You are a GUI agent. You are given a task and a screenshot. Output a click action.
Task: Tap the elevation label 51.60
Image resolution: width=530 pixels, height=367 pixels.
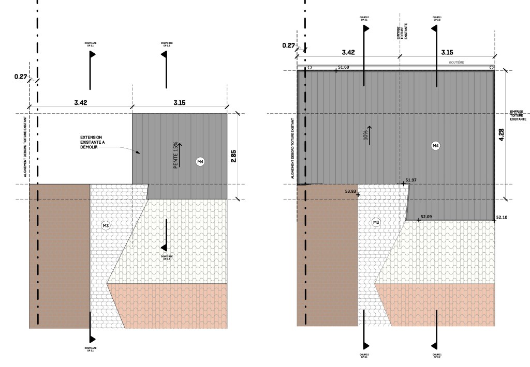[x=343, y=67]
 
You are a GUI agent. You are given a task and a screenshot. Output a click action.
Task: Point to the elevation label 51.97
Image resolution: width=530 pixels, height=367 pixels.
[x=411, y=180]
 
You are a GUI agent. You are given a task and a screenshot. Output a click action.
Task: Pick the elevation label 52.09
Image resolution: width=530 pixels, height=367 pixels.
[x=426, y=217]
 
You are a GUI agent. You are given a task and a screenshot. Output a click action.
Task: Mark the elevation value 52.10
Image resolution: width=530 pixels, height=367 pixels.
[x=502, y=218]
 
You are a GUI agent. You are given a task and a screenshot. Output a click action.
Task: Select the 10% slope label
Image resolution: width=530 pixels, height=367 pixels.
[x=366, y=135]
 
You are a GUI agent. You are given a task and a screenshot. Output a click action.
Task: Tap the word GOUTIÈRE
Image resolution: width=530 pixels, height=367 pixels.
[x=456, y=62]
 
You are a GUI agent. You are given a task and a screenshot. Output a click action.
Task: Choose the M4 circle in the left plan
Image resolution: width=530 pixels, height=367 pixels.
[x=200, y=162]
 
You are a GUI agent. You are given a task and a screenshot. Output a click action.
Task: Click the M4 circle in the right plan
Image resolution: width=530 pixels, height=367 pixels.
[x=435, y=146]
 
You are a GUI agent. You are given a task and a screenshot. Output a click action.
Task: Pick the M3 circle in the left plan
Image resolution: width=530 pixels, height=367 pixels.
[x=106, y=225]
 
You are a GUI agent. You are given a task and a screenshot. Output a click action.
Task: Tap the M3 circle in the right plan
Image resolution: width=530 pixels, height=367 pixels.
[x=376, y=222]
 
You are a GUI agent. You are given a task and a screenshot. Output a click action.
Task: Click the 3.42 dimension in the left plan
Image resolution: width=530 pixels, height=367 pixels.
[x=81, y=103]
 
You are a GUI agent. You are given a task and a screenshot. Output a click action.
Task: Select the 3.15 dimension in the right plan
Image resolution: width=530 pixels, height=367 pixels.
[x=446, y=52]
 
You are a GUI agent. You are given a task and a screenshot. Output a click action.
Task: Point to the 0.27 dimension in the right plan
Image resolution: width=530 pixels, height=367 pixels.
[x=288, y=45]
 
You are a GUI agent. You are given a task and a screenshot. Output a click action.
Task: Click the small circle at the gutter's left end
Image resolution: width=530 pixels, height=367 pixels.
[x=310, y=67]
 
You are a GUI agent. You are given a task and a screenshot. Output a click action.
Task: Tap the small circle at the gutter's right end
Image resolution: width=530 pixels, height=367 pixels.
[x=489, y=67]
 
